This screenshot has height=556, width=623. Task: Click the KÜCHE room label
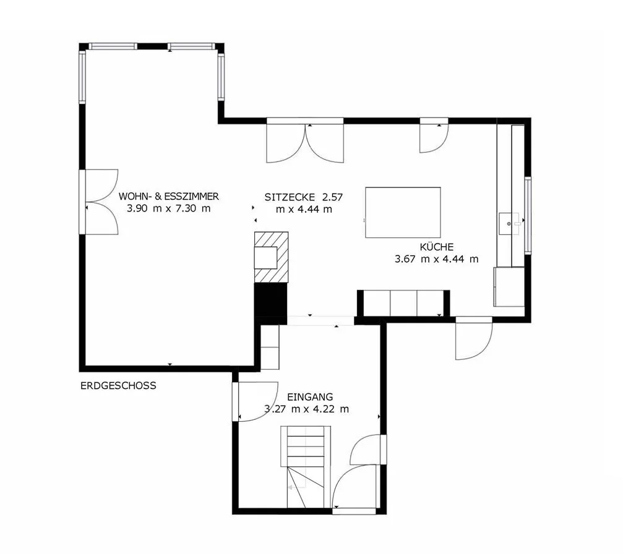pyautogui.click(x=437, y=247)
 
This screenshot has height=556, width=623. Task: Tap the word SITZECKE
pyautogui.click(x=290, y=197)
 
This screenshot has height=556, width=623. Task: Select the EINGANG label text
pyautogui.click(x=310, y=397)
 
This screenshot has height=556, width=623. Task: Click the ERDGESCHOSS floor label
pyautogui.click(x=118, y=386)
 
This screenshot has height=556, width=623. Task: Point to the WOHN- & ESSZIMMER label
pyautogui.click(x=169, y=196)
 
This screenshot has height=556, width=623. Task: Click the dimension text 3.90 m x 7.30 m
pyautogui.click(x=168, y=208)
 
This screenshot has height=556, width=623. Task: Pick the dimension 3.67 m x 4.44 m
pyautogui.click(x=437, y=259)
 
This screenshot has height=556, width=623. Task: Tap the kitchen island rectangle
pyautogui.click(x=403, y=213)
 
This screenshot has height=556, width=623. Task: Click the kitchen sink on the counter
pyautogui.click(x=509, y=224)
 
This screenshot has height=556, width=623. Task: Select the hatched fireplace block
pyautogui.click(x=272, y=257)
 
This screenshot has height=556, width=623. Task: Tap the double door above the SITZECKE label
pyautogui.click(x=305, y=140)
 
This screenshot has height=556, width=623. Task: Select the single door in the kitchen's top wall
pyautogui.click(x=434, y=135)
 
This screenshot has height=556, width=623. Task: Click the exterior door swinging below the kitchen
pyautogui.click(x=474, y=338)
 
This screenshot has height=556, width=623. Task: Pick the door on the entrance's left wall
pyautogui.click(x=255, y=401)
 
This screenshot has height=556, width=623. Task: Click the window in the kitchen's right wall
pyautogui.click(x=528, y=215)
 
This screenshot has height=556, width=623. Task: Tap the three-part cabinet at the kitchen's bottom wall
pyautogui.click(x=403, y=304)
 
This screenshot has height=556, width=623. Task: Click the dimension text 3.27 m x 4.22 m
pyautogui.click(x=307, y=409)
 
